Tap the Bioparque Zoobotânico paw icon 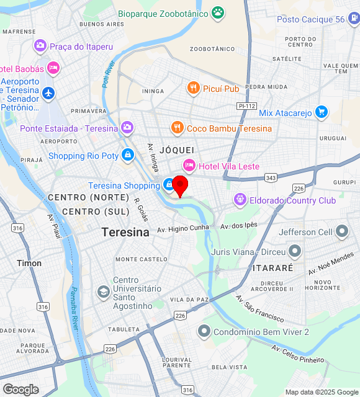tap(217, 12)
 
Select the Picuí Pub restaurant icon tap(194, 89)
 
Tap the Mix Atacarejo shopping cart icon tap(321, 112)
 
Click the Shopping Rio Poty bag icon tap(127, 155)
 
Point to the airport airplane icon tap(49, 94)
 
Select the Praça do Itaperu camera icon tap(40, 46)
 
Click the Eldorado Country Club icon tap(240, 200)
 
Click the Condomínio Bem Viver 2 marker tap(203, 331)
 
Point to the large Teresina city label tap(125, 233)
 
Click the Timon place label tap(29, 263)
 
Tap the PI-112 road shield tap(246, 106)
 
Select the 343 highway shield tap(270, 178)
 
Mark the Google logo tap(20, 389)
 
